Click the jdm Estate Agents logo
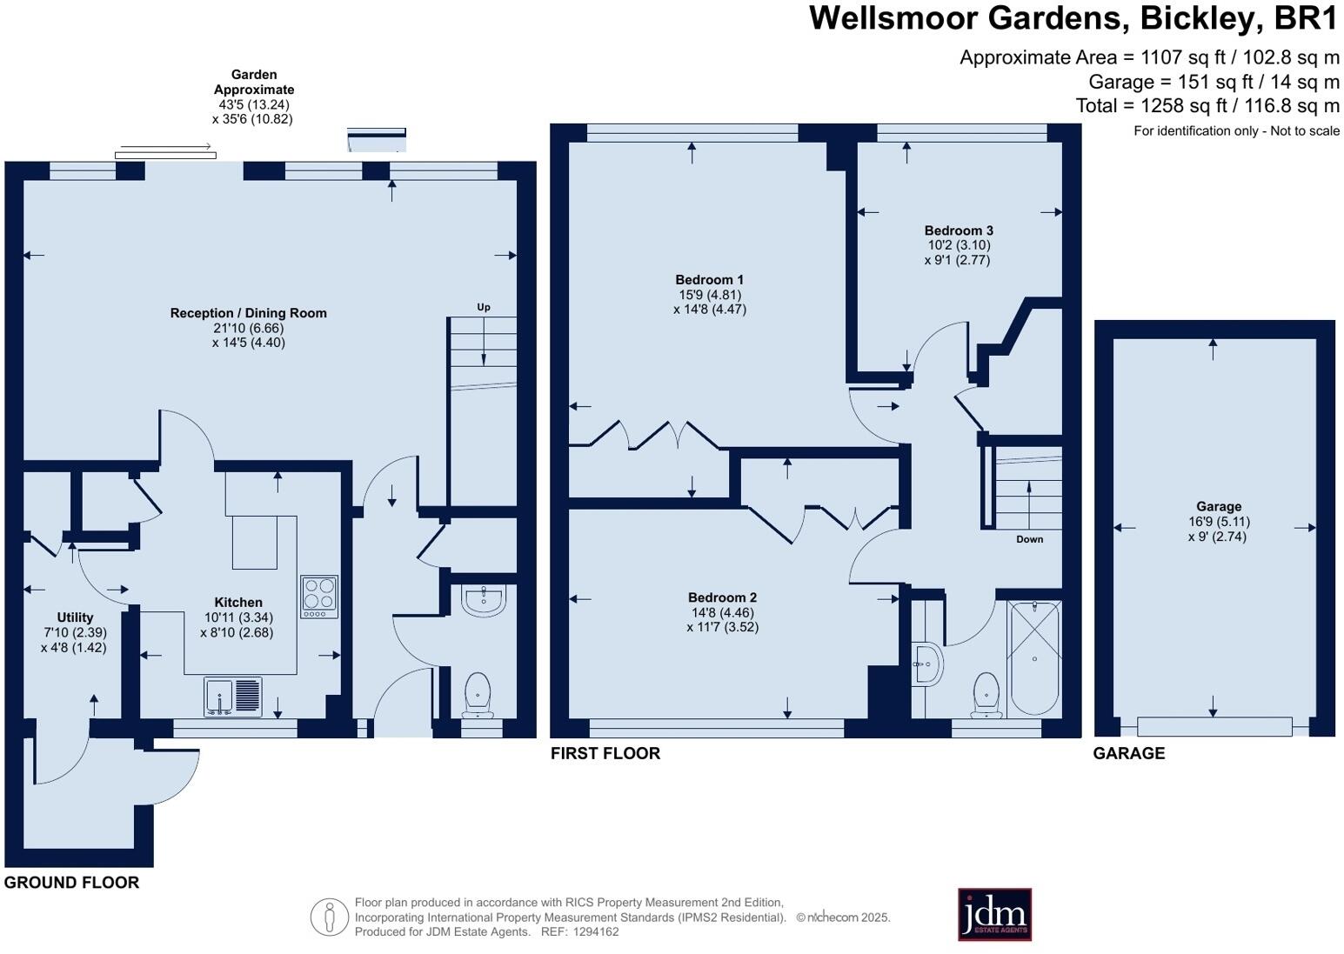(994, 914)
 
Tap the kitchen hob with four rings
(319, 597)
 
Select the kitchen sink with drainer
(232, 697)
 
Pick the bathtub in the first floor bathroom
(1034, 658)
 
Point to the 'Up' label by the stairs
(484, 307)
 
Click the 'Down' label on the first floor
(1029, 539)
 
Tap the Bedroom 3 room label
(959, 230)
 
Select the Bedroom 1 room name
(709, 280)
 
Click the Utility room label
(75, 617)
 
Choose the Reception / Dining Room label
(248, 313)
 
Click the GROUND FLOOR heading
(71, 883)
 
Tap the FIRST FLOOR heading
(605, 753)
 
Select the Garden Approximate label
(254, 82)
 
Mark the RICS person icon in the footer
(329, 917)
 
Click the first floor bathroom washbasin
(927, 666)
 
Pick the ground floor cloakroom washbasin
(483, 600)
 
